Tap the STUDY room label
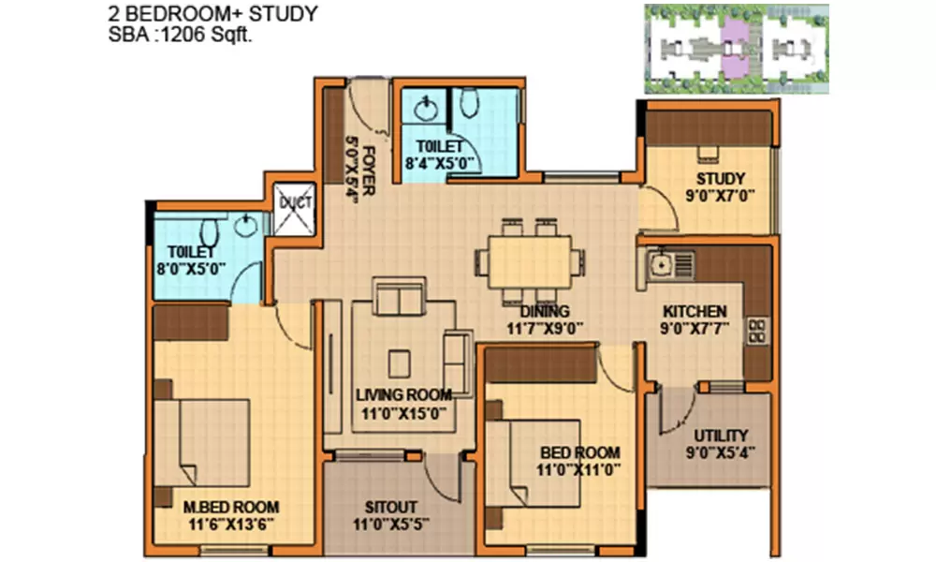coord(720,179)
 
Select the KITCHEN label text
coord(695,312)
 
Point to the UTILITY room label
coord(720,436)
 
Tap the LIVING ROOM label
coord(403,394)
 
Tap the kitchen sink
coord(662,262)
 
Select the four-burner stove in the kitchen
coord(755,331)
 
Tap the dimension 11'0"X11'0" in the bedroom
coord(579,470)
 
